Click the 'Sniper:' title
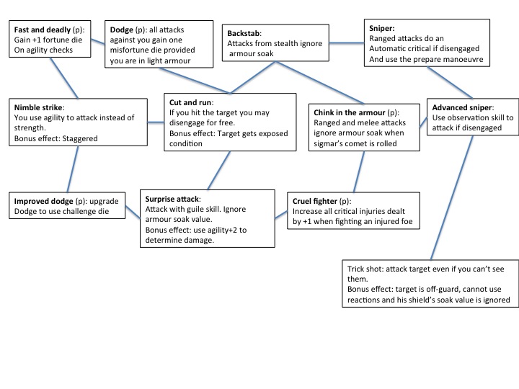(x=382, y=27)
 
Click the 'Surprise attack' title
(x=173, y=198)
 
